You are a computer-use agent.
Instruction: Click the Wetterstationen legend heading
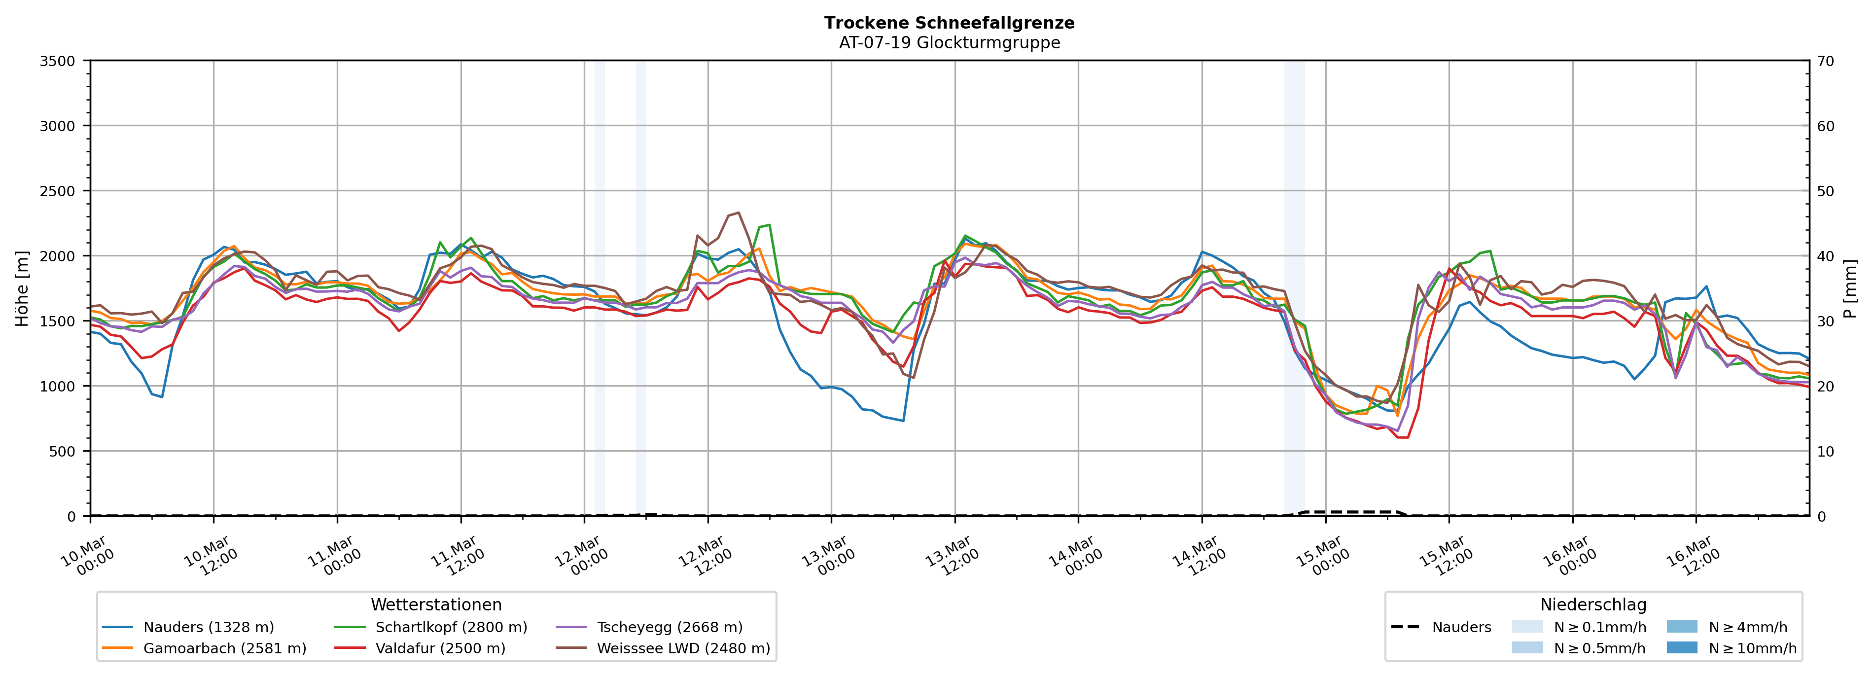(x=436, y=605)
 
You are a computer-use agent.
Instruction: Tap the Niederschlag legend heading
(x=1592, y=605)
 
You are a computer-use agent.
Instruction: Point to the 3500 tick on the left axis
(x=58, y=61)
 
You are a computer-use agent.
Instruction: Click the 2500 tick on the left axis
(x=58, y=191)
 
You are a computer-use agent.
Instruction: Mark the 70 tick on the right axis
(x=1825, y=61)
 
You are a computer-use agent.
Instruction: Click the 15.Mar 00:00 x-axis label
(x=1323, y=557)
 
